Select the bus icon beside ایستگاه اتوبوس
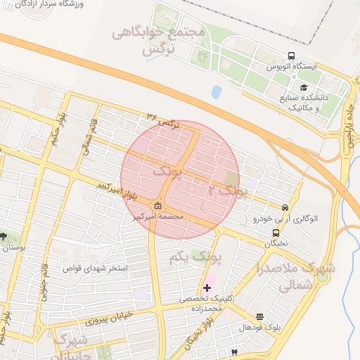(x=291, y=56)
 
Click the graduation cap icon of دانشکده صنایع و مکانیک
(x=304, y=88)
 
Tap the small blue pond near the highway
(x=217, y=91)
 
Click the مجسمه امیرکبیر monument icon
(x=157, y=206)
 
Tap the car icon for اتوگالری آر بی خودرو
(x=285, y=208)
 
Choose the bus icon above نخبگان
(x=276, y=233)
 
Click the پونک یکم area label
(x=195, y=258)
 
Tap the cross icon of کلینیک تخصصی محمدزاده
(x=206, y=288)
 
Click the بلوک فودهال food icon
(x=260, y=317)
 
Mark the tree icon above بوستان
(x=5, y=236)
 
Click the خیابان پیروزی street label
(x=109, y=319)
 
